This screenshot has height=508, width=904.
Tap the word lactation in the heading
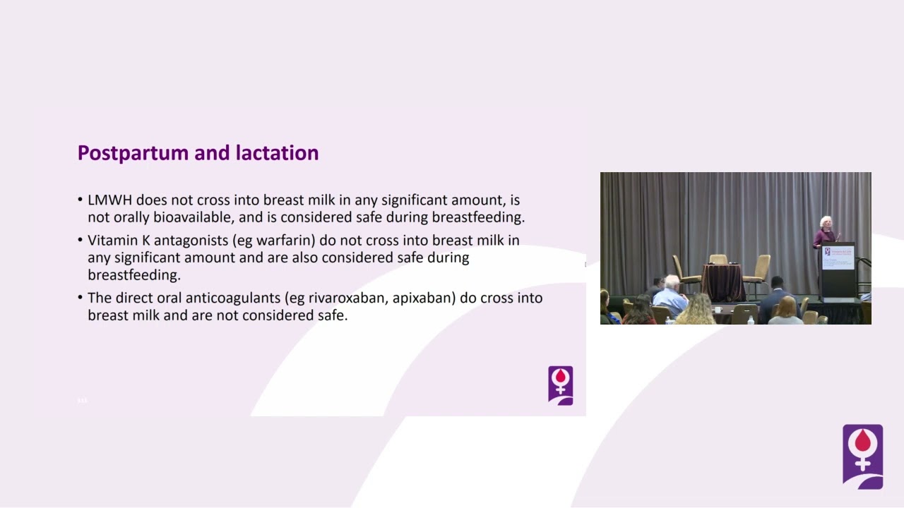pos(278,153)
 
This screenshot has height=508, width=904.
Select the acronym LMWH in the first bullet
pos(109,200)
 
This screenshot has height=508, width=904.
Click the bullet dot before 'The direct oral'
pos(80,298)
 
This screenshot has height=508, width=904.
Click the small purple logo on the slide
pos(561,385)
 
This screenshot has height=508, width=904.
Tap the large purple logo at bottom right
pos(863,456)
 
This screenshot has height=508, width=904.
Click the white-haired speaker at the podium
pos(826,232)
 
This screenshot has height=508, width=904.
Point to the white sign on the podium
pos(838,258)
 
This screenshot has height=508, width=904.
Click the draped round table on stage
pos(722,282)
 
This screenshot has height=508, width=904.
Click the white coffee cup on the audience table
pos(718,310)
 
